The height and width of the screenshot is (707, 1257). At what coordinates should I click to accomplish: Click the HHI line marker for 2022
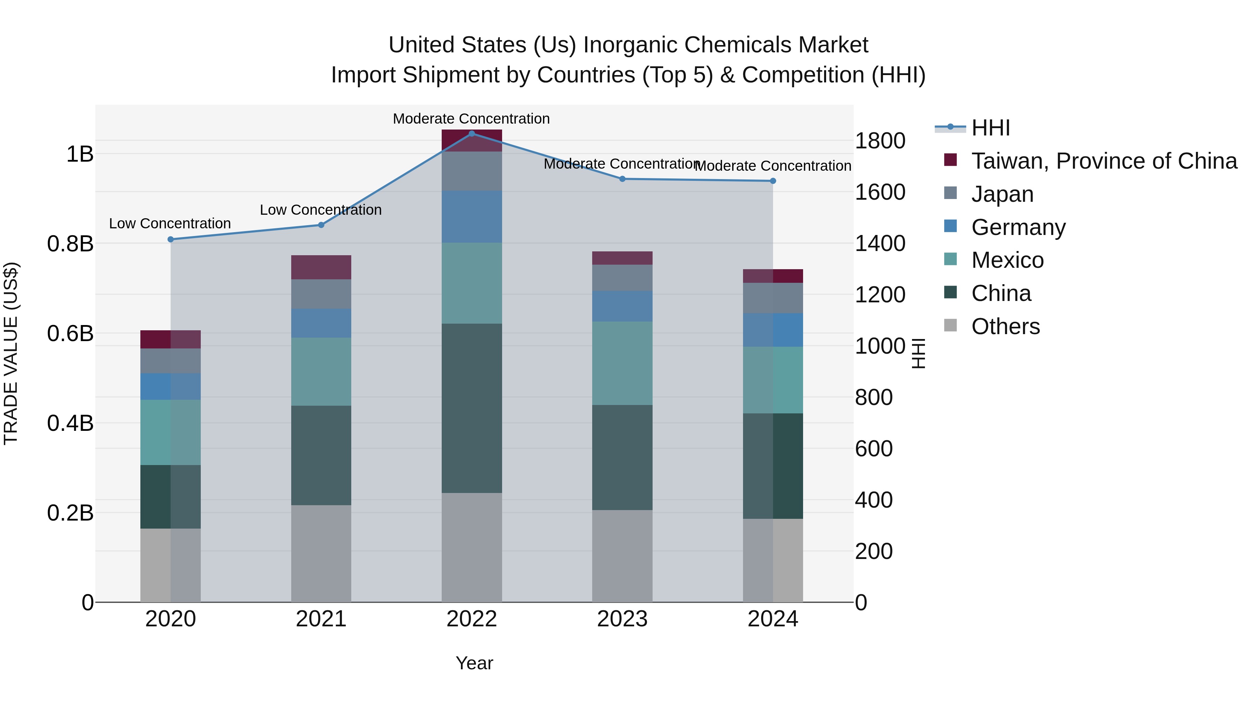coord(471,133)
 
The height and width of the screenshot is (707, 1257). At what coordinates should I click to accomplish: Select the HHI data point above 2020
coord(170,239)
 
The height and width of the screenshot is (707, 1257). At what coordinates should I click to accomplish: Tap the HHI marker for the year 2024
coord(772,181)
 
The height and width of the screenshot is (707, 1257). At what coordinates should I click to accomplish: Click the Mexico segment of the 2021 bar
coord(321,371)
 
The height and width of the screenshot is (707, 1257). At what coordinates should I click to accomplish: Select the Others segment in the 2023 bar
coord(622,556)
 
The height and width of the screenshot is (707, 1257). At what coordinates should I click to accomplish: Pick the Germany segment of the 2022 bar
coord(471,216)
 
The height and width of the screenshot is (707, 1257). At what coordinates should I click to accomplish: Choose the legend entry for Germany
coord(1018,227)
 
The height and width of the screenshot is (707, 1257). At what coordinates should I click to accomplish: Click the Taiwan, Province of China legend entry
coord(1104,161)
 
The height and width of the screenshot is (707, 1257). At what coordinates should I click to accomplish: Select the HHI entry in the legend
coord(990,128)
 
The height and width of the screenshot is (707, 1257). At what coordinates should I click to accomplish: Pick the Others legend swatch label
coord(1005,326)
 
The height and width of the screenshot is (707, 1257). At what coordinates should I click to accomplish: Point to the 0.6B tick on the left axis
coord(70,334)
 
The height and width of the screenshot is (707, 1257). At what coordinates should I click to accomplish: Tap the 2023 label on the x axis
coord(622,619)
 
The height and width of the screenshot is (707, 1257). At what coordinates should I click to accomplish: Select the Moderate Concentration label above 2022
coord(471,119)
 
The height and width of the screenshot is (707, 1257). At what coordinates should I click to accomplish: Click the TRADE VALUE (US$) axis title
coord(11,353)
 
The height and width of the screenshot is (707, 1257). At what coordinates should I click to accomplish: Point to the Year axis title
coord(474,663)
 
